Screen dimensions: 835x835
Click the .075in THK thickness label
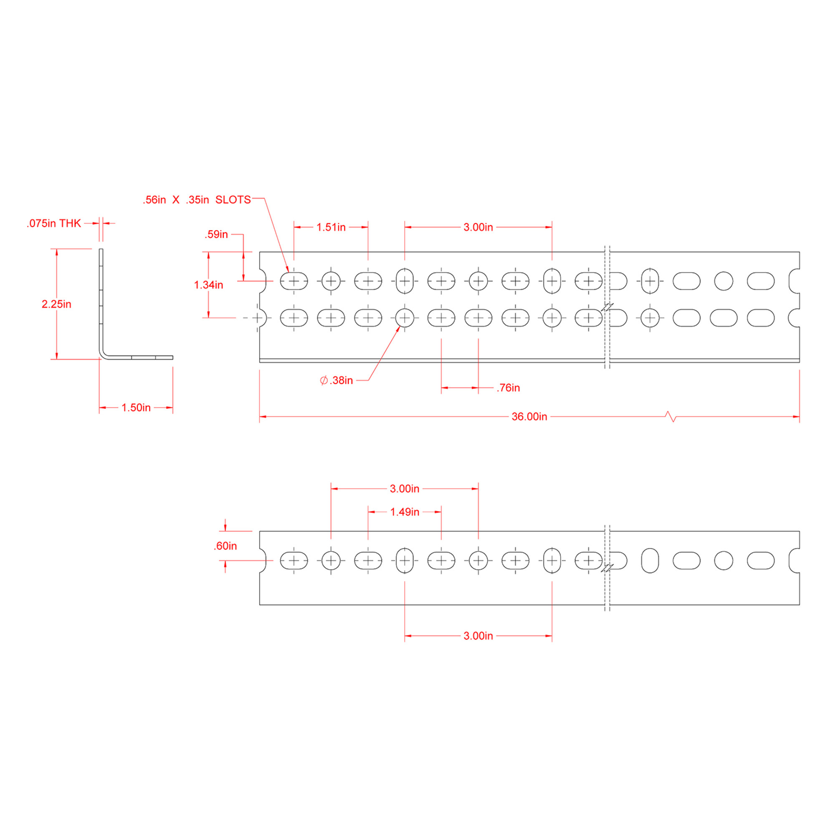coord(54,223)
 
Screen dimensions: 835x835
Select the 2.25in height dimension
coord(56,304)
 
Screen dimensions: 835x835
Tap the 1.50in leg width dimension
coord(136,407)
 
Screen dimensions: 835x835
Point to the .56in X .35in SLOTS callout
coord(197,200)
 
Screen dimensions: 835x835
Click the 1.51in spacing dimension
coord(331,228)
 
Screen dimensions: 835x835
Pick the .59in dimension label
coord(216,234)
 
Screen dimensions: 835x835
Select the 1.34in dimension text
coord(208,285)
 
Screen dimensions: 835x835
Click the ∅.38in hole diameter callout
coord(336,380)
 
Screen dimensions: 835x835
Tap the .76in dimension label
coord(508,388)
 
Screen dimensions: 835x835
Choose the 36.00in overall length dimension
coord(529,417)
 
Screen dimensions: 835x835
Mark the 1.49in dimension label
coord(405,512)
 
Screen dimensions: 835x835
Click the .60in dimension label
coord(225,546)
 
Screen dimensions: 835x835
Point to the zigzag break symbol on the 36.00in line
coord(671,417)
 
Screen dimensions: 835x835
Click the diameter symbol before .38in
coord(324,380)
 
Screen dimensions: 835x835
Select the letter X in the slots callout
coord(176,200)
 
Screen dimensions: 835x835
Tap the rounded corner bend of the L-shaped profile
coord(103,354)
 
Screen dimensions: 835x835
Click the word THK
coord(70,223)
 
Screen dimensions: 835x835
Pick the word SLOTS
coord(233,200)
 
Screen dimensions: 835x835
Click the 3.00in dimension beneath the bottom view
coord(478,636)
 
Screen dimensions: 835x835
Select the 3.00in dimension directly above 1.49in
coord(405,489)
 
